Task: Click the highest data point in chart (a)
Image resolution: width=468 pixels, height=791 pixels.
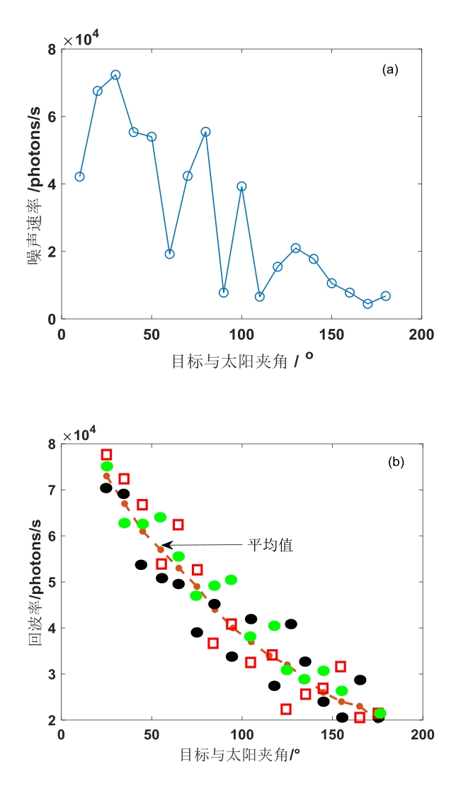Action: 115,74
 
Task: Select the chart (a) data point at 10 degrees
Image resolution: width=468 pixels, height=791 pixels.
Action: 79,176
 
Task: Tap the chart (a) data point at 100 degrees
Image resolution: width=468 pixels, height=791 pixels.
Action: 241,186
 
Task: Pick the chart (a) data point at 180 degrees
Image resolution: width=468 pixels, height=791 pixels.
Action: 386,296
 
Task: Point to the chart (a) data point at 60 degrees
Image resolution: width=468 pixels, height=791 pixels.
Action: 169,254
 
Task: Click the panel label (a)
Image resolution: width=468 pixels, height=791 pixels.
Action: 391,69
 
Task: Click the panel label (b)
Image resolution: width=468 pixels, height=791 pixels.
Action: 396,462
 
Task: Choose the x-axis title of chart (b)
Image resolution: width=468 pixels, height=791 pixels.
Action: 241,756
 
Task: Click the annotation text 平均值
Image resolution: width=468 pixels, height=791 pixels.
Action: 270,544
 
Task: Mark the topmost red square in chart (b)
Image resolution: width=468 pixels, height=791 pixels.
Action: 107,454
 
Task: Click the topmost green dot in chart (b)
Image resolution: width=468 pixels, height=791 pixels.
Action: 107,466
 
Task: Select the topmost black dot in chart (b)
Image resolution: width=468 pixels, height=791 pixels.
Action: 106,488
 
